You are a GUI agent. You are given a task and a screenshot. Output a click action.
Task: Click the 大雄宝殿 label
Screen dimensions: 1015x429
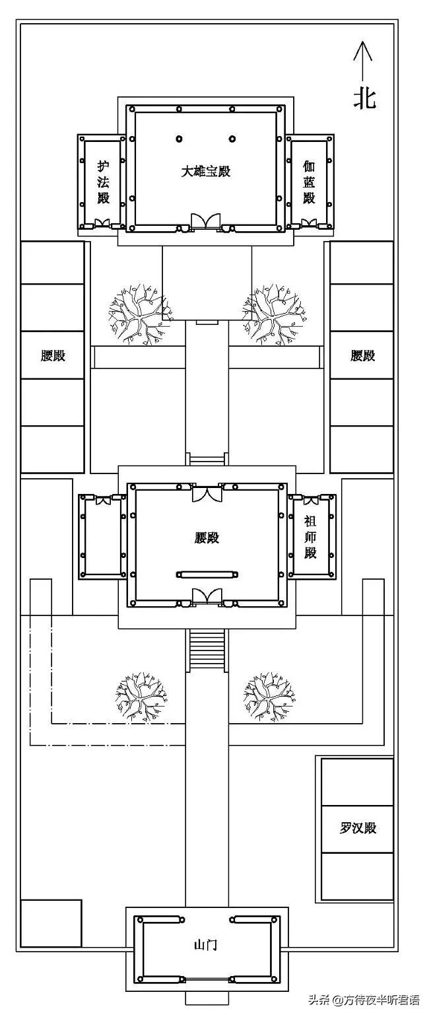(207, 171)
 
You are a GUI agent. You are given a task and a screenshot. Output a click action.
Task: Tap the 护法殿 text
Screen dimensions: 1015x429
(103, 181)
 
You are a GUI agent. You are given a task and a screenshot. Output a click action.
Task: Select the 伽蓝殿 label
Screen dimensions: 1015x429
(309, 181)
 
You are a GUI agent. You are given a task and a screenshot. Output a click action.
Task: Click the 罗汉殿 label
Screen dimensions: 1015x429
(358, 827)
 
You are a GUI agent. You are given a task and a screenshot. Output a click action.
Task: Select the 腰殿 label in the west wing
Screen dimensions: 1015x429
(53, 355)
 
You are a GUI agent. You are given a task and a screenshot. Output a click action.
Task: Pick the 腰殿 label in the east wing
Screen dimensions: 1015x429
(362, 355)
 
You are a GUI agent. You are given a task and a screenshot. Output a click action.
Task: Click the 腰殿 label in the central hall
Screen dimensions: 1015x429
(207, 538)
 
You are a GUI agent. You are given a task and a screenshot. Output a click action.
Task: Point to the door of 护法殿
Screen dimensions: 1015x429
(102, 223)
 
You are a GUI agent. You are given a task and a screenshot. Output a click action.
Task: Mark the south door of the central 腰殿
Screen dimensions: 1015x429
(206, 596)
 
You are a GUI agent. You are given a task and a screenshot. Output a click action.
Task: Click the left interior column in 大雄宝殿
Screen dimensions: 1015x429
(178, 139)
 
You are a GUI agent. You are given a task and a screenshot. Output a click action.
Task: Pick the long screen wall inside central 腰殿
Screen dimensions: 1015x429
(207, 575)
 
